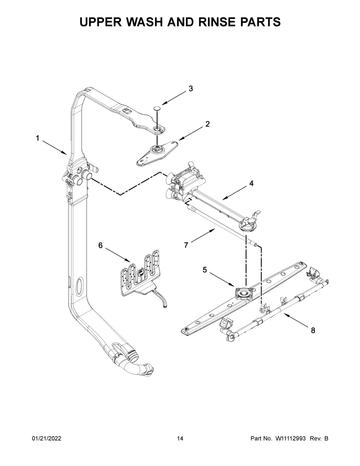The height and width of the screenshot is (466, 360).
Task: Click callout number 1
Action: coord(37,138)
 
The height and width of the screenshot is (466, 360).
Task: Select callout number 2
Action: coord(208,124)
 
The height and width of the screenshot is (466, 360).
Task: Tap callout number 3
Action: coord(190,89)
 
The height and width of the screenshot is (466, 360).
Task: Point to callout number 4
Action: coord(251,183)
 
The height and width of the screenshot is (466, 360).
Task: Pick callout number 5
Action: coord(205,270)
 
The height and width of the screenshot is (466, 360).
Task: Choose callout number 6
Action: coord(100,245)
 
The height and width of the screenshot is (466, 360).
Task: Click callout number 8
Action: coord(313,330)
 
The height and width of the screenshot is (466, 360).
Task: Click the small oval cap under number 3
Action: coord(157,108)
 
